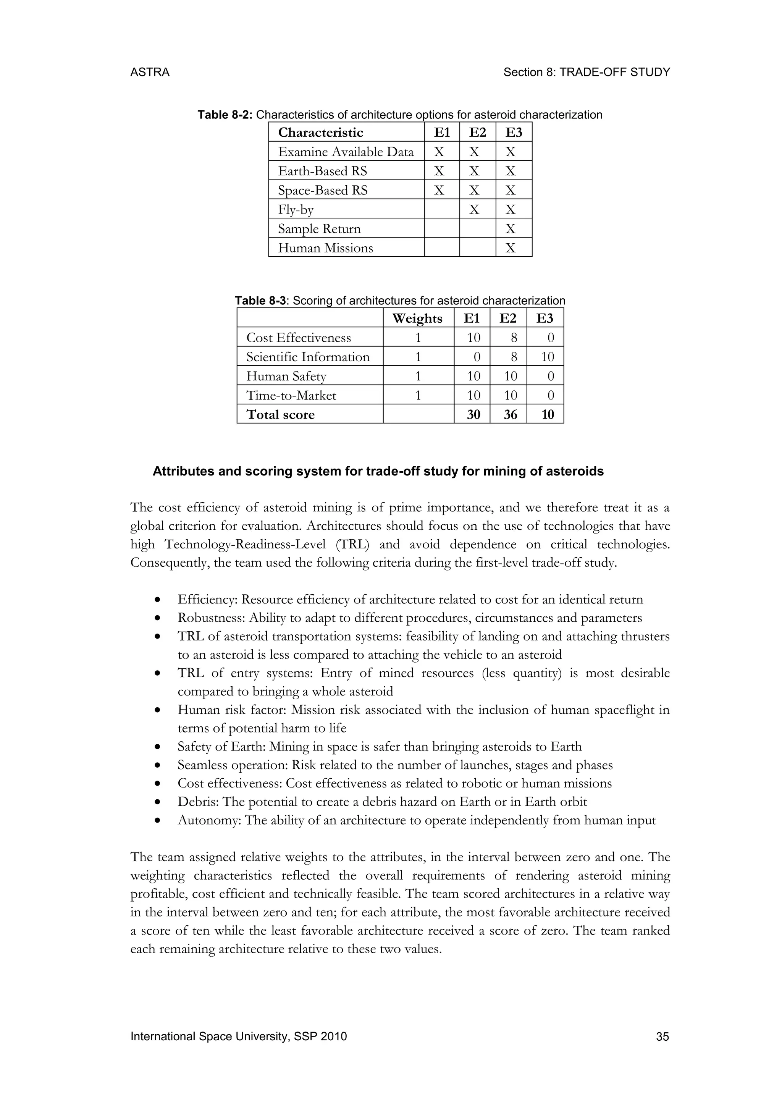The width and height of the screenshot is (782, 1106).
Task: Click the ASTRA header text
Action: pos(150,72)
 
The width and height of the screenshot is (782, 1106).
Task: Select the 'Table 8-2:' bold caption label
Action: pos(225,115)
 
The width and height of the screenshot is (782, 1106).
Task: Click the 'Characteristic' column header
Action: pos(320,133)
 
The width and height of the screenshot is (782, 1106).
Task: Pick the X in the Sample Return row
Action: pos(511,229)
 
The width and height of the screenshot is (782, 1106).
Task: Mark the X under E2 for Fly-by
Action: pos(474,210)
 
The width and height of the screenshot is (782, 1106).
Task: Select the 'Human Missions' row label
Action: pos(325,248)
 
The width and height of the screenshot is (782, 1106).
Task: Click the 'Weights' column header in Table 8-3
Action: pos(417,319)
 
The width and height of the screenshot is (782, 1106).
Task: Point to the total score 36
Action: pos(510,415)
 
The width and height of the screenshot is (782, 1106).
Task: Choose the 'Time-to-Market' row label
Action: pos(291,396)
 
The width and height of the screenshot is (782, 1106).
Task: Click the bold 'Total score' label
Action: pos(280,415)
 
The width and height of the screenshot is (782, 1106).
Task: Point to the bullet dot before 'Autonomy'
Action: pos(157,821)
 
